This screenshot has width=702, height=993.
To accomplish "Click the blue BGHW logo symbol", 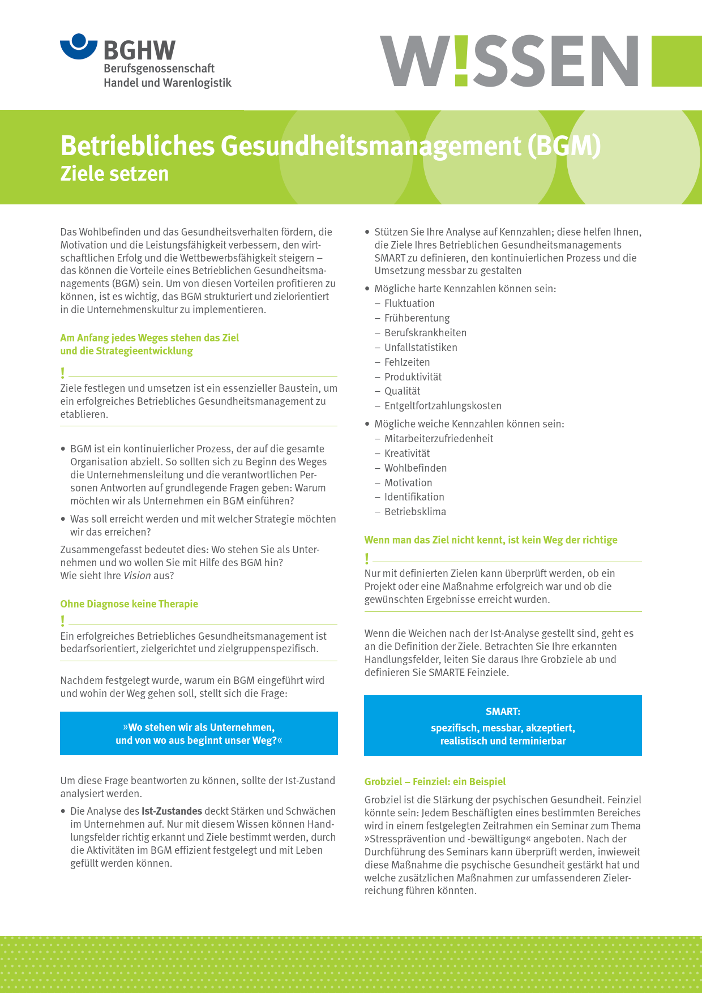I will pyautogui.click(x=79, y=46).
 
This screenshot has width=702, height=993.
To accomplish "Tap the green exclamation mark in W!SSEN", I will pyautogui.click(x=461, y=61).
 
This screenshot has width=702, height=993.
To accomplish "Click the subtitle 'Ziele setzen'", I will pyautogui.click(x=114, y=173).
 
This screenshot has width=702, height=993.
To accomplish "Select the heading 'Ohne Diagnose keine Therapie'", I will pyautogui.click(x=129, y=603).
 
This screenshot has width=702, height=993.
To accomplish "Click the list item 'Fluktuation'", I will pyautogui.click(x=409, y=303).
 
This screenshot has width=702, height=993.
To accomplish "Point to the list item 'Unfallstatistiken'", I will pyautogui.click(x=421, y=348).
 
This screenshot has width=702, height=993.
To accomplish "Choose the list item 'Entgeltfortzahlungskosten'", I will pyautogui.click(x=443, y=406).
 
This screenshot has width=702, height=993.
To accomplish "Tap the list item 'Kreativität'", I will pyautogui.click(x=407, y=453).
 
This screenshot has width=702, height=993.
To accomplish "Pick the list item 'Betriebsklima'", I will pyautogui.click(x=415, y=512).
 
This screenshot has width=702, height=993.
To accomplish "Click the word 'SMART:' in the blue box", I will pyautogui.click(x=503, y=712).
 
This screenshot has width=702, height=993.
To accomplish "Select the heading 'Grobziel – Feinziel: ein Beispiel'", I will pyautogui.click(x=435, y=781).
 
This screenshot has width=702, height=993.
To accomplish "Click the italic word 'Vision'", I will pyautogui.click(x=137, y=576).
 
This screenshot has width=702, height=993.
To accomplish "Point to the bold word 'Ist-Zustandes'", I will pyautogui.click(x=172, y=811).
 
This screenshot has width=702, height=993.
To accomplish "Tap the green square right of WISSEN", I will pyautogui.click(x=677, y=61).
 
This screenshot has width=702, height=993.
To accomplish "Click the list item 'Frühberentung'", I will pyautogui.click(x=417, y=318).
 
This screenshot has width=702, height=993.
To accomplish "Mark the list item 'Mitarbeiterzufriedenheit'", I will pyautogui.click(x=439, y=439).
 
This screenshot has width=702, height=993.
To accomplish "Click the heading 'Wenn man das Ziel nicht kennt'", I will pyautogui.click(x=490, y=540).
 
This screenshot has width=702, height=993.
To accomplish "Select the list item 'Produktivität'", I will pyautogui.click(x=413, y=377).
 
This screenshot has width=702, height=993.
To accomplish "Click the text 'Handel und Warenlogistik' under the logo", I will pyautogui.click(x=168, y=83).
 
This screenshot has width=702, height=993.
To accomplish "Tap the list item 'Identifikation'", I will pyautogui.click(x=414, y=497).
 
